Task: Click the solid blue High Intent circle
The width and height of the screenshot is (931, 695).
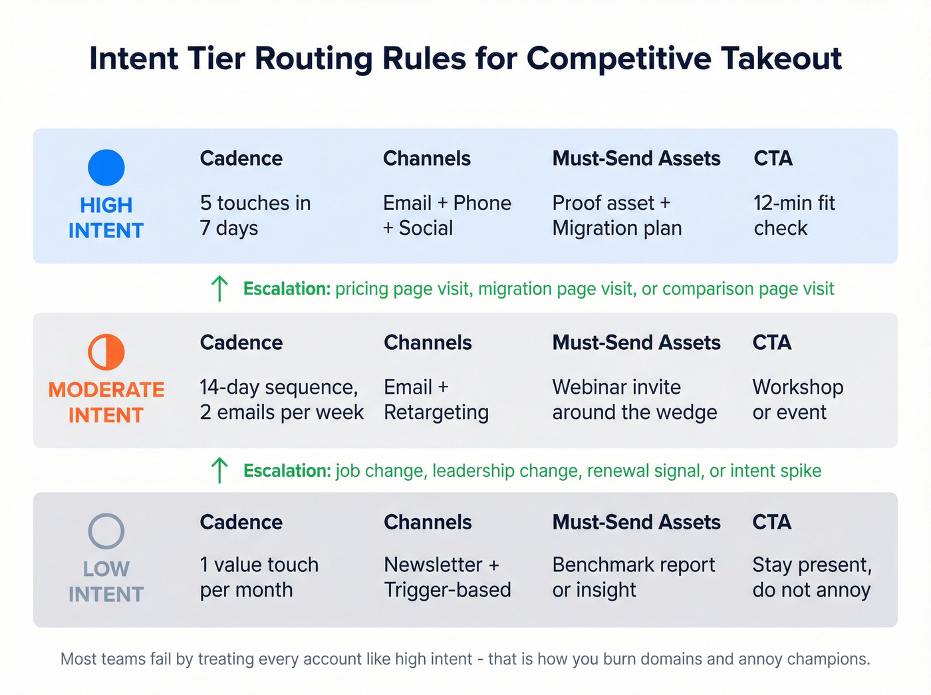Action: pyautogui.click(x=106, y=168)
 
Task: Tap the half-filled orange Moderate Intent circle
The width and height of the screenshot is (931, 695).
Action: pyautogui.click(x=106, y=352)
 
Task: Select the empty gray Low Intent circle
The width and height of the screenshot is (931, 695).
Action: pyautogui.click(x=106, y=531)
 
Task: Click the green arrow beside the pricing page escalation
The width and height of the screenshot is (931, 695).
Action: pyautogui.click(x=219, y=289)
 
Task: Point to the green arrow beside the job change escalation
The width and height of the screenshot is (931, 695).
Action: pyautogui.click(x=219, y=470)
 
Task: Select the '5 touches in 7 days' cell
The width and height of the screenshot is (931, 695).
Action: pyautogui.click(x=255, y=215)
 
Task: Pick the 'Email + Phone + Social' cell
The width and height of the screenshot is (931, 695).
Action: pyautogui.click(x=447, y=215)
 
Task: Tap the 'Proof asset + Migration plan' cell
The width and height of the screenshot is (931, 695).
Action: pyautogui.click(x=616, y=215)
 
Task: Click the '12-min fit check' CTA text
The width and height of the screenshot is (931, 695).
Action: pyautogui.click(x=794, y=215)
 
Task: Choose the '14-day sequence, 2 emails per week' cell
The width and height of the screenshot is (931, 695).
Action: pyautogui.click(x=281, y=400)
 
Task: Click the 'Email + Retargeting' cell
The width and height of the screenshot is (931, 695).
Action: pyautogui.click(x=436, y=400)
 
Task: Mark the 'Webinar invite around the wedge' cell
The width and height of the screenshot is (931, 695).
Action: pyautogui.click(x=634, y=400)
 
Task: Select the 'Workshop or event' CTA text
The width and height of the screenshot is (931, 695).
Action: pyautogui.click(x=797, y=400)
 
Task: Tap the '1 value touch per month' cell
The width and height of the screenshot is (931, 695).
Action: pyautogui.click(x=259, y=577)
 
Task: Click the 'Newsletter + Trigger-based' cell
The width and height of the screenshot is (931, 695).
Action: pyautogui.click(x=448, y=577)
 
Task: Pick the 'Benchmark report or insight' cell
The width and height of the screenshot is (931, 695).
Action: pyautogui.click(x=633, y=577)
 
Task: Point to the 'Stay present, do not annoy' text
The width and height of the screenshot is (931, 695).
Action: pyautogui.click(x=812, y=577)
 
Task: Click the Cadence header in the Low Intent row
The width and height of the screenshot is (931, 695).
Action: pyautogui.click(x=241, y=522)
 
